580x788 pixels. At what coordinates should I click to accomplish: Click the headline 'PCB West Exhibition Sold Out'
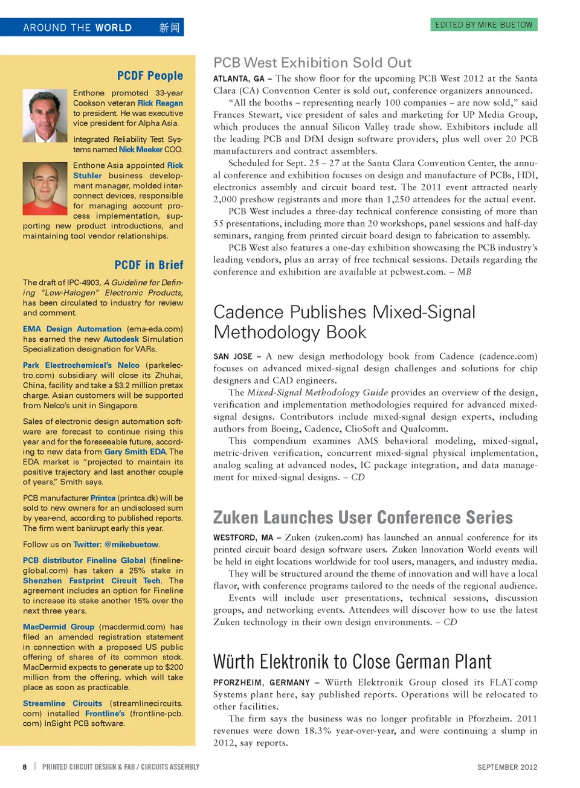coord(312,63)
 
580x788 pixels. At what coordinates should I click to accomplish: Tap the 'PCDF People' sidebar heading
coord(150,75)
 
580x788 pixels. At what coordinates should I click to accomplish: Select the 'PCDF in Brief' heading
coord(149,265)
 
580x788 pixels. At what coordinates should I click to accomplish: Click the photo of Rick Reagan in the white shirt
coord(45,116)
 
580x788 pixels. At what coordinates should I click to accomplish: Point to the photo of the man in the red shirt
coord(45,188)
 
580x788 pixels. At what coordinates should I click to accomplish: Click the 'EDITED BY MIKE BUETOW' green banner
coord(484,25)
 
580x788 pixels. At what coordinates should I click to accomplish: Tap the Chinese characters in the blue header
coord(169,28)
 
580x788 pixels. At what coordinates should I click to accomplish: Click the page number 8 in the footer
coord(25,767)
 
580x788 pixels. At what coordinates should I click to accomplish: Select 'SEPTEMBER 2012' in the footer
coord(507,767)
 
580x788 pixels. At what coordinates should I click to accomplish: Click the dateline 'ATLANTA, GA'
coord(239,79)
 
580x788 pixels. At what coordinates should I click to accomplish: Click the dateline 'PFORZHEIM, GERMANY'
coord(262,683)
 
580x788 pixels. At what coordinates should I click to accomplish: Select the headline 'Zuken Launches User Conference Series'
coord(362,517)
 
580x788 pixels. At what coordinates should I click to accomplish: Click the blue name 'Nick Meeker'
coord(141,150)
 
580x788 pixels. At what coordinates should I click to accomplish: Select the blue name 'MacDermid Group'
coord(59,627)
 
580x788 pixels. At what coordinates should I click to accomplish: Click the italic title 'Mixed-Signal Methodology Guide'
coord(317,392)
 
